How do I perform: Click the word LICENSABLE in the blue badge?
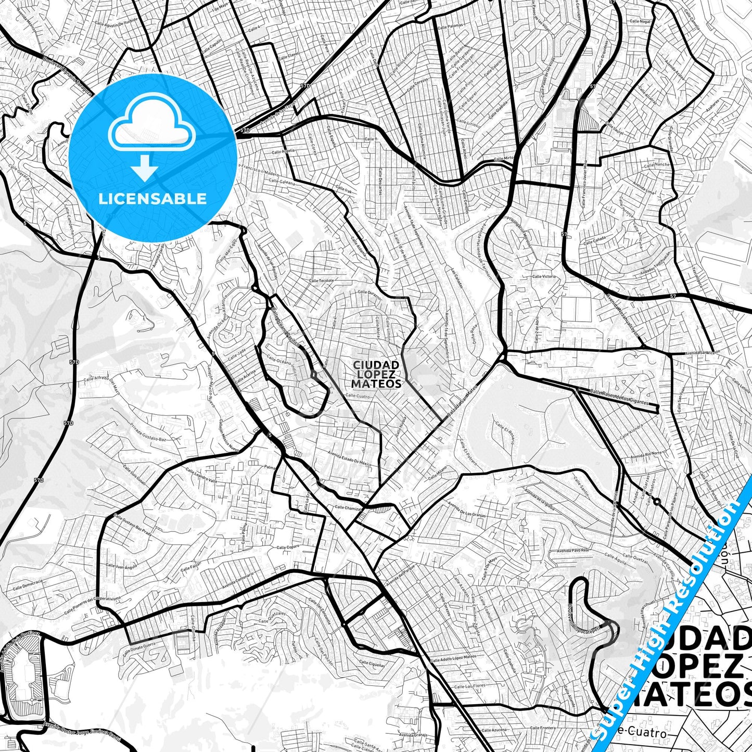152,199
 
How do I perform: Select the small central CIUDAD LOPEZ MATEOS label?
376,375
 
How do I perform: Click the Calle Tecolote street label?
321,281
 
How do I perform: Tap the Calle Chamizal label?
348,507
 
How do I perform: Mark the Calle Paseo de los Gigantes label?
619,398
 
